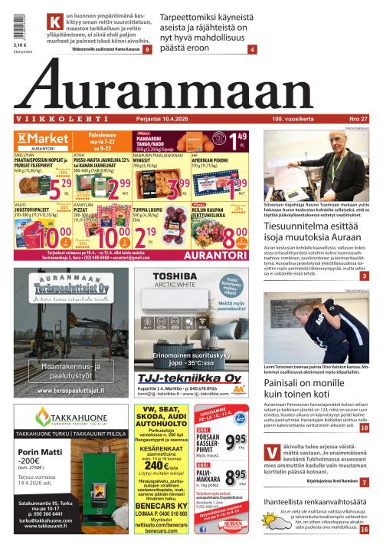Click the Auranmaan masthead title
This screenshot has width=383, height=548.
(x=191, y=91)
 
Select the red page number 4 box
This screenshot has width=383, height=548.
(x=253, y=50)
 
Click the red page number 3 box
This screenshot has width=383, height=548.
(x=365, y=276)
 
